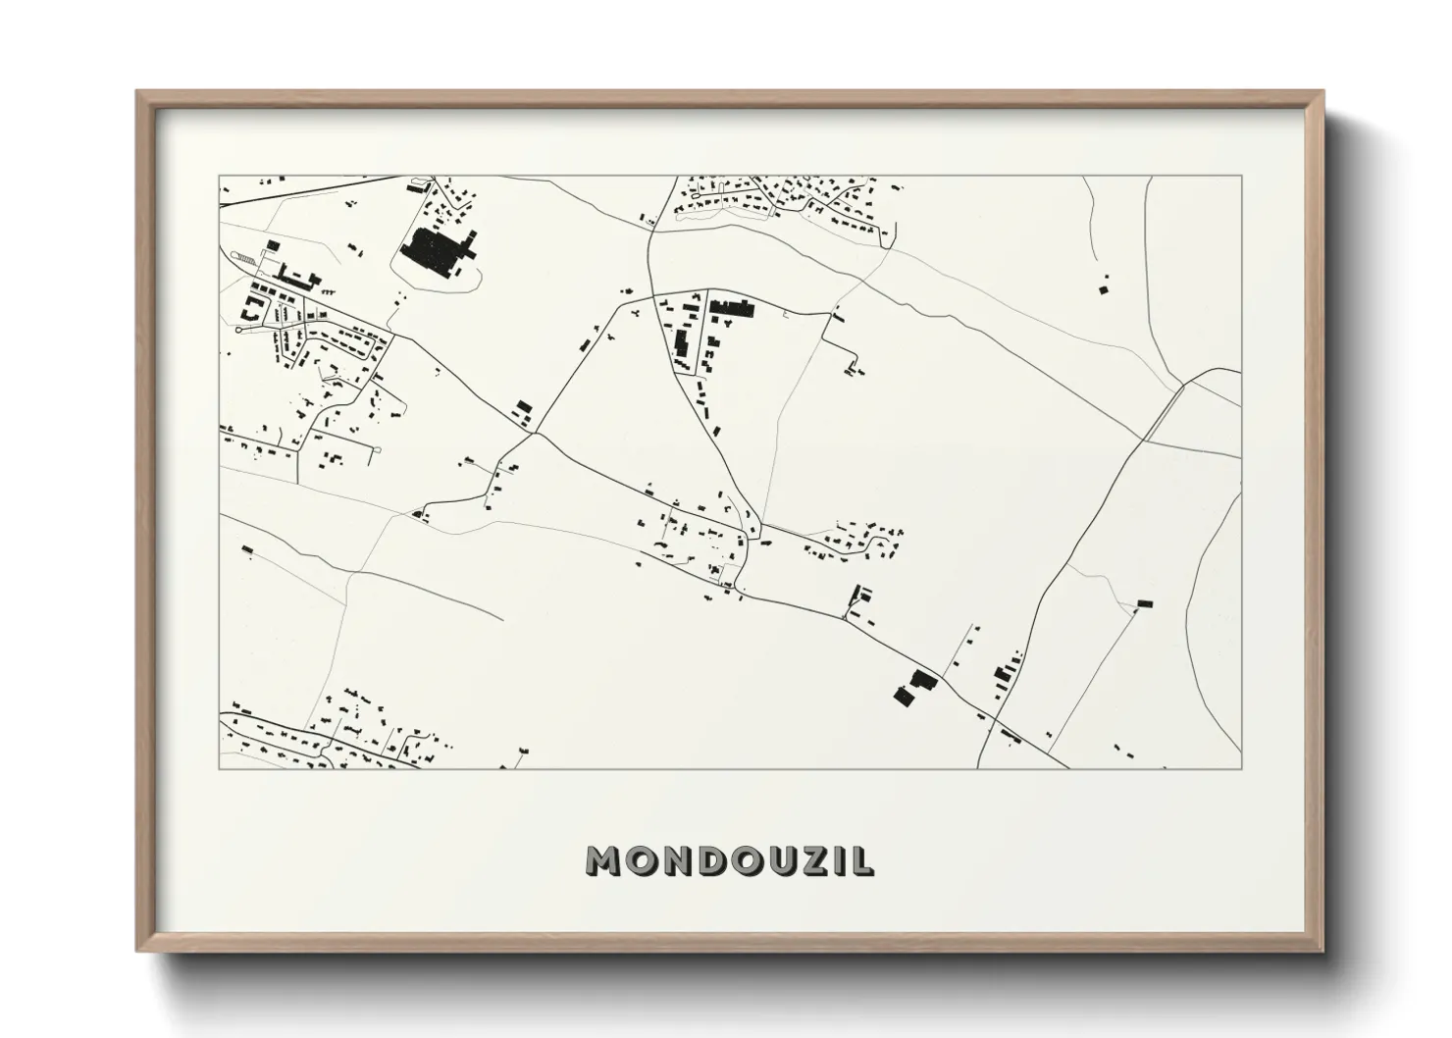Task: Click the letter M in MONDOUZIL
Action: click(603, 861)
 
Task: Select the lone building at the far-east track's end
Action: click(1143, 603)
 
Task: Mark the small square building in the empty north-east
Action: click(1102, 289)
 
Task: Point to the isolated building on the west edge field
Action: click(247, 549)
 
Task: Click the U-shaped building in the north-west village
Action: click(251, 310)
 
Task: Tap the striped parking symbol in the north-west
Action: click(244, 257)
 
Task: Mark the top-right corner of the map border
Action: click(1241, 177)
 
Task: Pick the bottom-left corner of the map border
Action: click(219, 768)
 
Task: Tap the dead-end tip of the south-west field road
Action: click(502, 620)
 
